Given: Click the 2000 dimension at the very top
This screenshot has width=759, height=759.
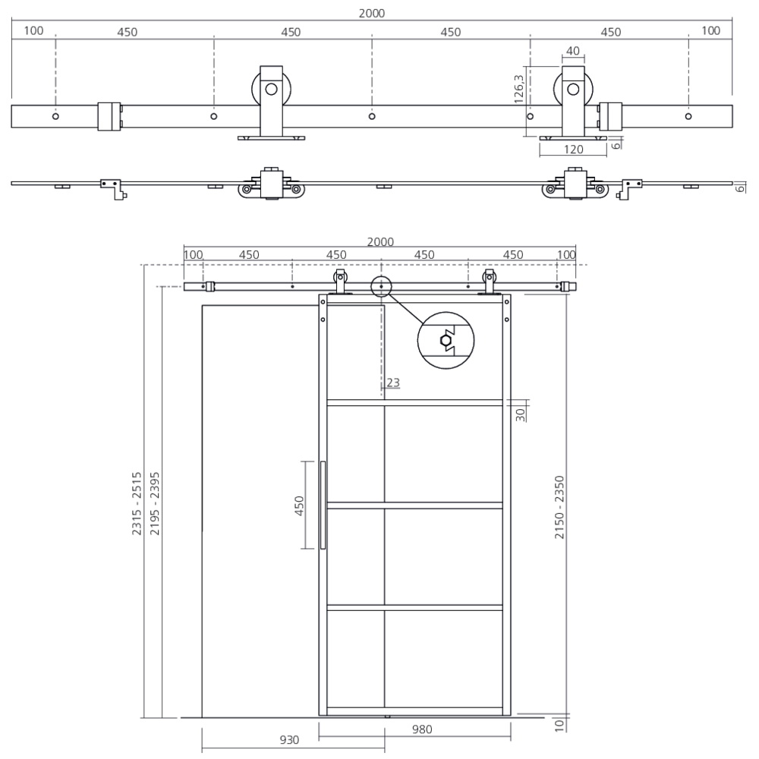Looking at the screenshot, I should coord(373,13).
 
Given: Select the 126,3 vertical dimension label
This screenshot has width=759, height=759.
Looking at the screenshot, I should coord(519,88).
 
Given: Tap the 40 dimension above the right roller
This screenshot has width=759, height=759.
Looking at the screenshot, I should coord(573,52).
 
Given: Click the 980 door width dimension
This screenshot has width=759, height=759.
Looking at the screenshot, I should coord(421,730).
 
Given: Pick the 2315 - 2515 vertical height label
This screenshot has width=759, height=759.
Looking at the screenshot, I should coord(137,505).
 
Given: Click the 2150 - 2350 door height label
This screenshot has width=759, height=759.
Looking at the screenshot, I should coord(559,507).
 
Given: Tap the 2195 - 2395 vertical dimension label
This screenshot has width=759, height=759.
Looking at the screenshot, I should coord(154,505).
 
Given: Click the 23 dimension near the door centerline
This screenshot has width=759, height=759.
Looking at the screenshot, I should coord(392,383).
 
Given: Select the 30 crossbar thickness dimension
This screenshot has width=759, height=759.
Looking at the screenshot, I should coord(521,414).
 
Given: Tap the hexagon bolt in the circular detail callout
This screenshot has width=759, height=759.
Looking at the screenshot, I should coord(446,341).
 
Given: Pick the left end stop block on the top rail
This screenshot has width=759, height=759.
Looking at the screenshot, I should coord(109,116).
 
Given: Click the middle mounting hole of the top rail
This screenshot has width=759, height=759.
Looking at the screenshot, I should coord(372,116).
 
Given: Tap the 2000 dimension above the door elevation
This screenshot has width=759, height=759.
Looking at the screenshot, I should coord(380,241).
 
